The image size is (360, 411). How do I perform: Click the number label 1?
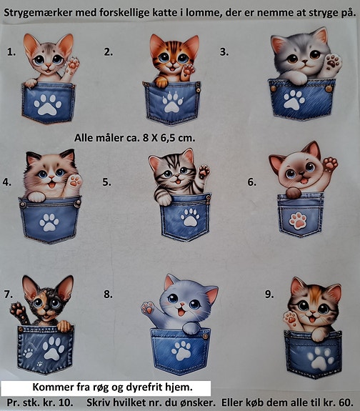click(11, 52)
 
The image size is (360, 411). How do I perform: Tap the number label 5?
click(106, 182)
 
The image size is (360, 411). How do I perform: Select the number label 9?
click(269, 294)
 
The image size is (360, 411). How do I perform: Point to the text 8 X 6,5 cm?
click(169, 138)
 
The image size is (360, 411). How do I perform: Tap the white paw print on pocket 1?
click(48, 105)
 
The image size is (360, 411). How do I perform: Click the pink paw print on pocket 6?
click(298, 221)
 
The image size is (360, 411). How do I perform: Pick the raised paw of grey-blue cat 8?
click(148, 308)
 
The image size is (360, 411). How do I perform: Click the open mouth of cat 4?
click(52, 185)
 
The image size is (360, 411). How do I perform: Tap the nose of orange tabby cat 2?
click(173, 63)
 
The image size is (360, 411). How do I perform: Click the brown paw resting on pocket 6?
click(294, 193)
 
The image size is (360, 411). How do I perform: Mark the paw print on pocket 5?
click(190, 217)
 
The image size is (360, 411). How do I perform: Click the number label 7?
click(9, 294)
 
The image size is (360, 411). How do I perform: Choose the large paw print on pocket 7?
click(54, 348)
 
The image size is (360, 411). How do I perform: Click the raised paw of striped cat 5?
click(204, 172)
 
